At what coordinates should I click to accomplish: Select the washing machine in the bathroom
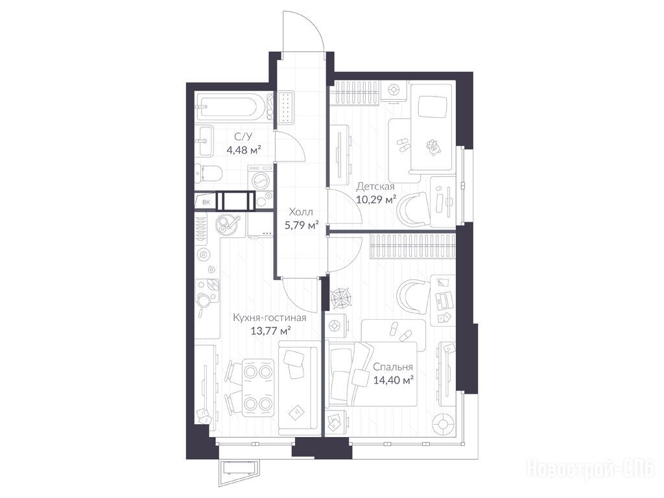click(261, 178)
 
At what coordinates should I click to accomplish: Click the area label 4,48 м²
click(243, 150)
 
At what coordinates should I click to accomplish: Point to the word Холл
click(301, 211)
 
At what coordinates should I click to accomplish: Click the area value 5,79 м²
click(301, 225)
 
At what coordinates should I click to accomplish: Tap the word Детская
click(375, 186)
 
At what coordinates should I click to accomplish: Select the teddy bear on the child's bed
click(433, 147)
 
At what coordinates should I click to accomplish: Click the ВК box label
click(206, 202)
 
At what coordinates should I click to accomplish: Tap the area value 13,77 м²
click(270, 330)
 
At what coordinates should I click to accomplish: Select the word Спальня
click(392, 367)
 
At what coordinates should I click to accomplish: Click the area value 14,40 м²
click(394, 380)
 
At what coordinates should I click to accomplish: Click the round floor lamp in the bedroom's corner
click(443, 424)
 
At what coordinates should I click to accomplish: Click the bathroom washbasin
click(206, 141)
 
